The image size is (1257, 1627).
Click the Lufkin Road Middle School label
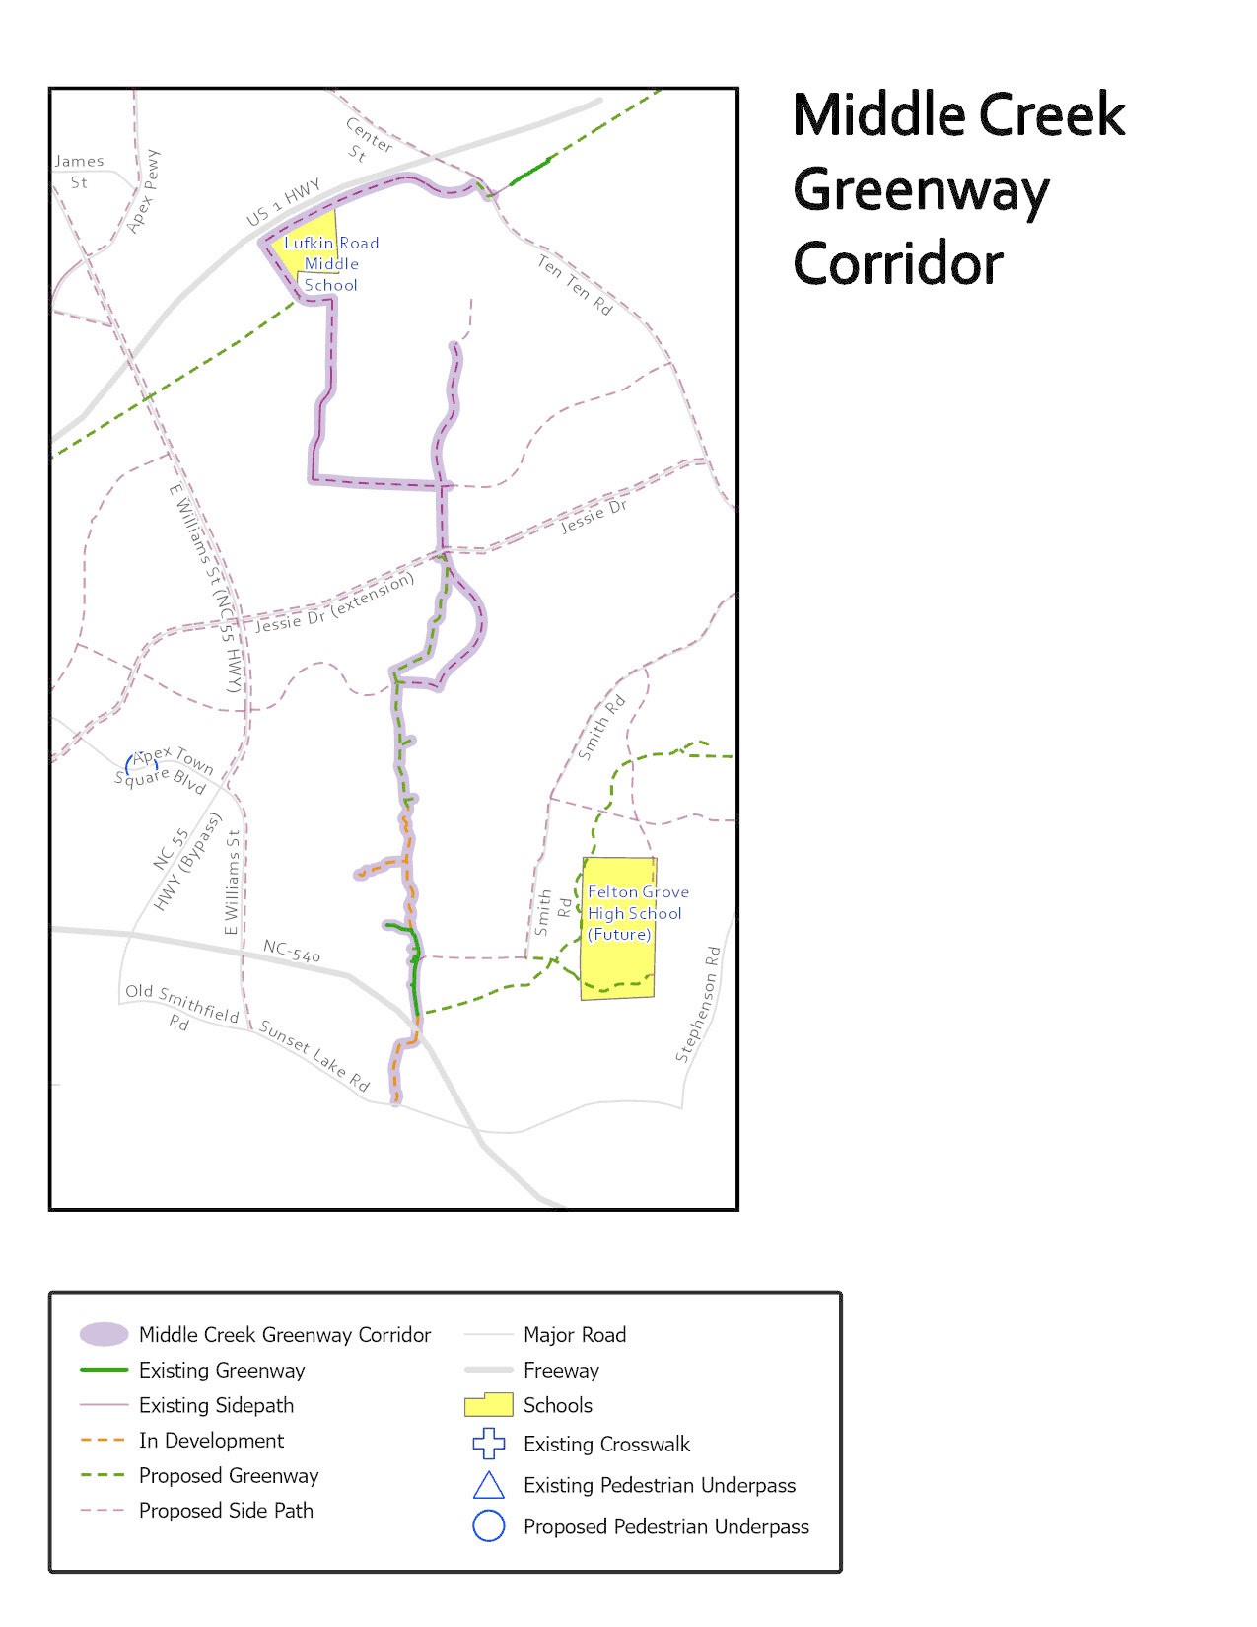click(330, 263)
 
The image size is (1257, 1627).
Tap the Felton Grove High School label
click(637, 913)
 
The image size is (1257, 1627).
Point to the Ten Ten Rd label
click(575, 285)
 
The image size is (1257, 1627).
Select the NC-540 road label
click(291, 951)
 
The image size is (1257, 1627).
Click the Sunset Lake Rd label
click(314, 1056)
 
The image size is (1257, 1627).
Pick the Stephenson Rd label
click(698, 1004)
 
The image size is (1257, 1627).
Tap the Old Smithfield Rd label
click(181, 1006)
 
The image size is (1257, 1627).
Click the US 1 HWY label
click(283, 201)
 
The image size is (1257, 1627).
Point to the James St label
click(79, 172)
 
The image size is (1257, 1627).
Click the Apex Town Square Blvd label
click(165, 770)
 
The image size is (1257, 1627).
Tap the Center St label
click(364, 140)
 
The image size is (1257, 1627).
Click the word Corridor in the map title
click(898, 263)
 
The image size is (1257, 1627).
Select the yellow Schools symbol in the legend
click(488, 1404)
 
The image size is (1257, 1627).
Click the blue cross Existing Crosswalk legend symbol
click(489, 1444)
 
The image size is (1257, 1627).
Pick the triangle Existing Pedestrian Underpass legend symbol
click(489, 1485)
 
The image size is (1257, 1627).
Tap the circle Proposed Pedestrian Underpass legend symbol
click(489, 1525)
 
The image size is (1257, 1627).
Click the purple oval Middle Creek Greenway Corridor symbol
click(104, 1334)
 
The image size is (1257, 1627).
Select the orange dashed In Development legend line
click(104, 1440)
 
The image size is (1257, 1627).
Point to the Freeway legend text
click(561, 1370)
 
